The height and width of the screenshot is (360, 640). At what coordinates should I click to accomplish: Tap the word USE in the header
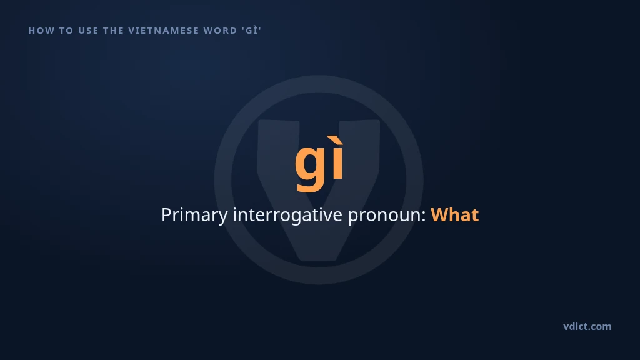(88, 31)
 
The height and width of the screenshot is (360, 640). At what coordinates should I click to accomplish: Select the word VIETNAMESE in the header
(164, 31)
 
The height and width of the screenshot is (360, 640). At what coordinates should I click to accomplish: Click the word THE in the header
(114, 31)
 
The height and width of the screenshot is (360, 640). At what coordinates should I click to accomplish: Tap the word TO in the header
(66, 31)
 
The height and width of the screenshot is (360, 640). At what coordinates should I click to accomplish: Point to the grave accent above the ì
(337, 139)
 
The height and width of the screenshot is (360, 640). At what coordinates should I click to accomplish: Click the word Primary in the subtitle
(194, 216)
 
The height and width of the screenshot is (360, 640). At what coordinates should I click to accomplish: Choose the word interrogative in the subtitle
(287, 216)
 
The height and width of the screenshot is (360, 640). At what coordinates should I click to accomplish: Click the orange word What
(455, 215)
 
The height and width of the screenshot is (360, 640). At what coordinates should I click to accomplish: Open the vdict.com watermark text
(587, 326)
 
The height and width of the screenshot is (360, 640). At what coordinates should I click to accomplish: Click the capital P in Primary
(166, 215)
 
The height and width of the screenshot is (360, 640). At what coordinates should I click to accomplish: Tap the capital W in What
(440, 215)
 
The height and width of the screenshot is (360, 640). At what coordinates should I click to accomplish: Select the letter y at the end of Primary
(223, 218)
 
